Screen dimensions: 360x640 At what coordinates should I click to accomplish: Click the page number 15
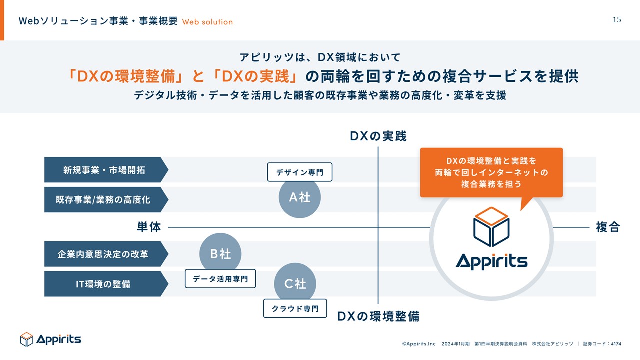[617, 20]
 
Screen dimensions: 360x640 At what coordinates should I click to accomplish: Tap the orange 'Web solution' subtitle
[207, 22]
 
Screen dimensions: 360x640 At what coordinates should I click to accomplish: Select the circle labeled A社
[300, 197]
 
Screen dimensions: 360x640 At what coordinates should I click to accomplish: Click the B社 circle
[220, 254]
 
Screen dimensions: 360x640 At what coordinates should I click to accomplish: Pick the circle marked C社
[295, 284]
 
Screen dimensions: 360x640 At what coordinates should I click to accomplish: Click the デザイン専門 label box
[300, 173]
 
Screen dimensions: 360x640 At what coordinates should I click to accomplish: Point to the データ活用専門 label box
[220, 279]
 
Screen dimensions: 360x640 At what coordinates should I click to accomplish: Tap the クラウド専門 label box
[295, 308]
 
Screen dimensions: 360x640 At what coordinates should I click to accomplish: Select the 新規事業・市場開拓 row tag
[105, 170]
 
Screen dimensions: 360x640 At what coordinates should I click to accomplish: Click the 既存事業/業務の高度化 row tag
[105, 200]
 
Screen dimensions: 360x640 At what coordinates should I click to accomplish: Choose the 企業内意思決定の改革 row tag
[105, 254]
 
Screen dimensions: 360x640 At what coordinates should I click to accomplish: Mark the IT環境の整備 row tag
[105, 284]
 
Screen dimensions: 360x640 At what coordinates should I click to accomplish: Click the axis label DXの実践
[378, 136]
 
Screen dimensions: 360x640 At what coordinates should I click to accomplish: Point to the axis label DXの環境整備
[378, 316]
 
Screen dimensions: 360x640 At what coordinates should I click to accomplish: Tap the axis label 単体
[149, 227]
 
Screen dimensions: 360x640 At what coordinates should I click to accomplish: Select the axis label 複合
[608, 227]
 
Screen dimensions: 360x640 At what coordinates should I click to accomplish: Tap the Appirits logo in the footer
[50, 339]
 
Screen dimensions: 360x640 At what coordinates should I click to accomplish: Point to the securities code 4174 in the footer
[615, 344]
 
